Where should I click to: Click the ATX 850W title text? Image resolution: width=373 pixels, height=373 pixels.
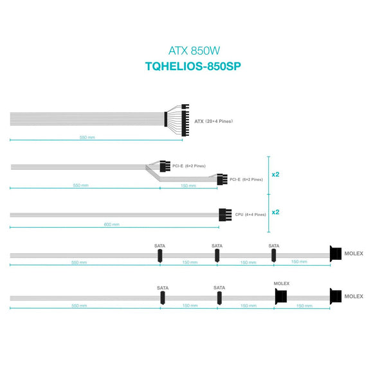[x=194, y=51]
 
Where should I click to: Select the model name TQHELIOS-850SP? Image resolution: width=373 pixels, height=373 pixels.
[x=193, y=66]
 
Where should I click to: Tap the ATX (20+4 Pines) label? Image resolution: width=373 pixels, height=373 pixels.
[x=214, y=122]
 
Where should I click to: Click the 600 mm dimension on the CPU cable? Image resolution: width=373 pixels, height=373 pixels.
[x=111, y=224]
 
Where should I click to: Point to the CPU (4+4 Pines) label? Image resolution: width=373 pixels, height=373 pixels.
[x=251, y=215]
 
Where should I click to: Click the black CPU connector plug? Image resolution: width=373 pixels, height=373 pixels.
[x=225, y=215]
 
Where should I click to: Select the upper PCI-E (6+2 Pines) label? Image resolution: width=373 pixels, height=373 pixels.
[x=189, y=166]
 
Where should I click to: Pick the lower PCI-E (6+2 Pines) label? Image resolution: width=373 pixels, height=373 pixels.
[x=246, y=179]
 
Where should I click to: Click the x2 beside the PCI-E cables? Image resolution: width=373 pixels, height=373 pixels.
[x=275, y=174]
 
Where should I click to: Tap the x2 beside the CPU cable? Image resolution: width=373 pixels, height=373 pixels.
[x=275, y=212]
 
